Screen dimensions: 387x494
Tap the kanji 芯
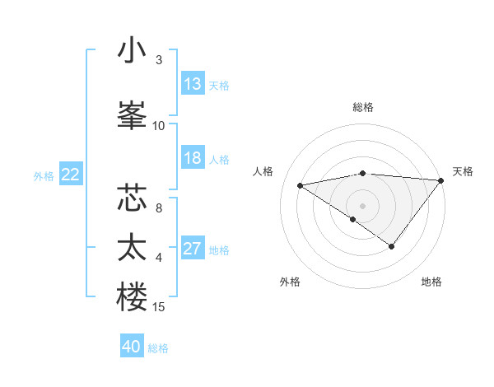point(133,199)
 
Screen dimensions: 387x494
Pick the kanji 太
point(133,249)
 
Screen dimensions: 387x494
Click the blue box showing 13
point(193,84)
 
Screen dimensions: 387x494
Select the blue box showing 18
point(193,158)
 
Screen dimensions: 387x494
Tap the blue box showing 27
point(193,249)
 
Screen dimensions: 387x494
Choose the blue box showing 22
point(71,175)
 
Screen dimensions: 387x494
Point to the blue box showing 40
point(132,347)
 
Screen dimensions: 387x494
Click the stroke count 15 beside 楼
point(159,307)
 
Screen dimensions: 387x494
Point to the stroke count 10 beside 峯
point(159,125)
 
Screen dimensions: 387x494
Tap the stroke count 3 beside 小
point(159,60)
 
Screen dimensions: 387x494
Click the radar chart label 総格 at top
point(363,107)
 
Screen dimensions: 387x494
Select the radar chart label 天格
point(463,171)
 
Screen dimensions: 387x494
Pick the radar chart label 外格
point(289,282)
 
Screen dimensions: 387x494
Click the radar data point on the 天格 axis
point(440,180)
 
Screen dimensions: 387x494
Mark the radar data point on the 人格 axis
point(300,184)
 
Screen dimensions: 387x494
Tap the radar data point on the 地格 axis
point(392,246)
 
